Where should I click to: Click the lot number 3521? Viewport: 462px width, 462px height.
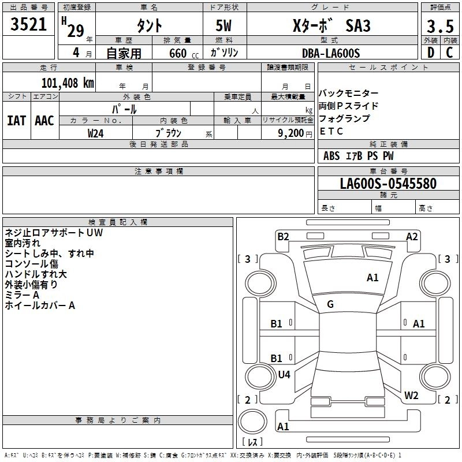click(x=28, y=24)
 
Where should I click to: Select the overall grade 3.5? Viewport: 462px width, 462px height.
click(x=440, y=26)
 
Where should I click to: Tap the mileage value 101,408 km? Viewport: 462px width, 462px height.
click(x=68, y=83)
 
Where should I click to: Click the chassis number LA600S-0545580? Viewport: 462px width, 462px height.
click(x=388, y=183)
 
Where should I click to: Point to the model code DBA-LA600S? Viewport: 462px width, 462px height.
click(x=331, y=53)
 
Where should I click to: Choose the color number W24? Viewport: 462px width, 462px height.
click(x=95, y=133)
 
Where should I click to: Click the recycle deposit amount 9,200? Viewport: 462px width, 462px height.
click(x=290, y=133)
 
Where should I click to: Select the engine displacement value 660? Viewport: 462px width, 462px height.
click(x=178, y=53)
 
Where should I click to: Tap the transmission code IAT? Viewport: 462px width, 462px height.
click(x=16, y=121)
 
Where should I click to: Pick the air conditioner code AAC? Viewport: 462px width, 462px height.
click(x=44, y=121)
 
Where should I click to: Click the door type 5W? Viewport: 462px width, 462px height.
click(x=223, y=25)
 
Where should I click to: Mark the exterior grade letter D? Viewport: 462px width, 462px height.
click(x=431, y=53)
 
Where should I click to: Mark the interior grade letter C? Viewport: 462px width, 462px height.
click(x=449, y=53)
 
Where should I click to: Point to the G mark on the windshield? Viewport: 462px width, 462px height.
click(x=330, y=304)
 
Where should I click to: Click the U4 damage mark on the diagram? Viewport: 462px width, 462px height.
click(x=284, y=374)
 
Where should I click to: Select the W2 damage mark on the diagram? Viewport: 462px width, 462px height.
click(x=411, y=395)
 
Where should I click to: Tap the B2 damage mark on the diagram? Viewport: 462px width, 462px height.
click(x=283, y=237)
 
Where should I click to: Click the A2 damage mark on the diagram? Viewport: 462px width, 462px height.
click(x=412, y=237)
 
